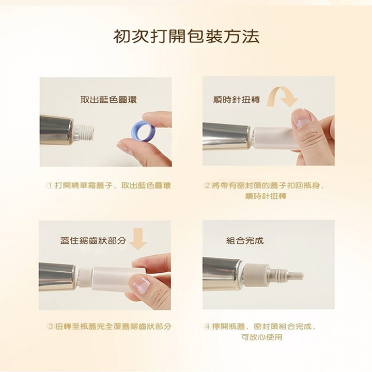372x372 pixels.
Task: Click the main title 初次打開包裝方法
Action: pyautogui.click(x=186, y=37)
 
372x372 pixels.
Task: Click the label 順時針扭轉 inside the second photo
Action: pyautogui.click(x=237, y=99)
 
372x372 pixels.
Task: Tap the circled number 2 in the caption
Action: pyautogui.click(x=208, y=185)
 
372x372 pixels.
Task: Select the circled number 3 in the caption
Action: pyautogui.click(x=50, y=327)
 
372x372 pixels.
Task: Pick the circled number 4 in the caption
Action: pyautogui.click(x=208, y=327)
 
